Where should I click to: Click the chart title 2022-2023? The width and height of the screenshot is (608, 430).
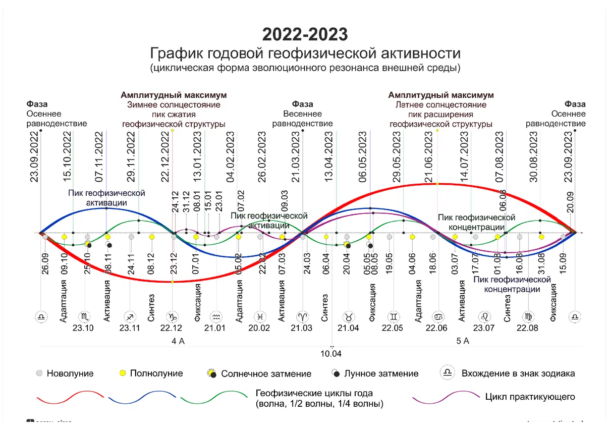point(305,35)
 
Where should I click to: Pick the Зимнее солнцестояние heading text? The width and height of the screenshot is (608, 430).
point(173,105)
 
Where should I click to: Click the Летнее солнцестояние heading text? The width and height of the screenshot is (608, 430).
point(440,105)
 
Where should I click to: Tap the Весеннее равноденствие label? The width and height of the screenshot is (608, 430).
point(302,119)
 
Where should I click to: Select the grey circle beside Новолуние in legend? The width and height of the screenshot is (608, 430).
point(39,373)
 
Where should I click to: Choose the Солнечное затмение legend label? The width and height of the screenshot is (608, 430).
point(266,374)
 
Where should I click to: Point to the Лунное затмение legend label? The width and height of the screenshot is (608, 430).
point(381,374)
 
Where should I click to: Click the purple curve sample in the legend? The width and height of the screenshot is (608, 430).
point(444,397)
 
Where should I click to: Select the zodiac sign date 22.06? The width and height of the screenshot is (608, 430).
point(436,328)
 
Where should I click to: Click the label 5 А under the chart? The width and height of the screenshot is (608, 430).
point(463,341)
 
